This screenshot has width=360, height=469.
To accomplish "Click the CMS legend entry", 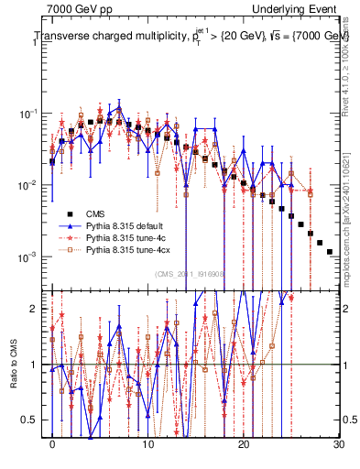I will (94, 213).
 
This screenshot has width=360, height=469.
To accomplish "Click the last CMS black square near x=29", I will (330, 251).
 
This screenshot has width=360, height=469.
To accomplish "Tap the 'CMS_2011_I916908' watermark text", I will (191, 274).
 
